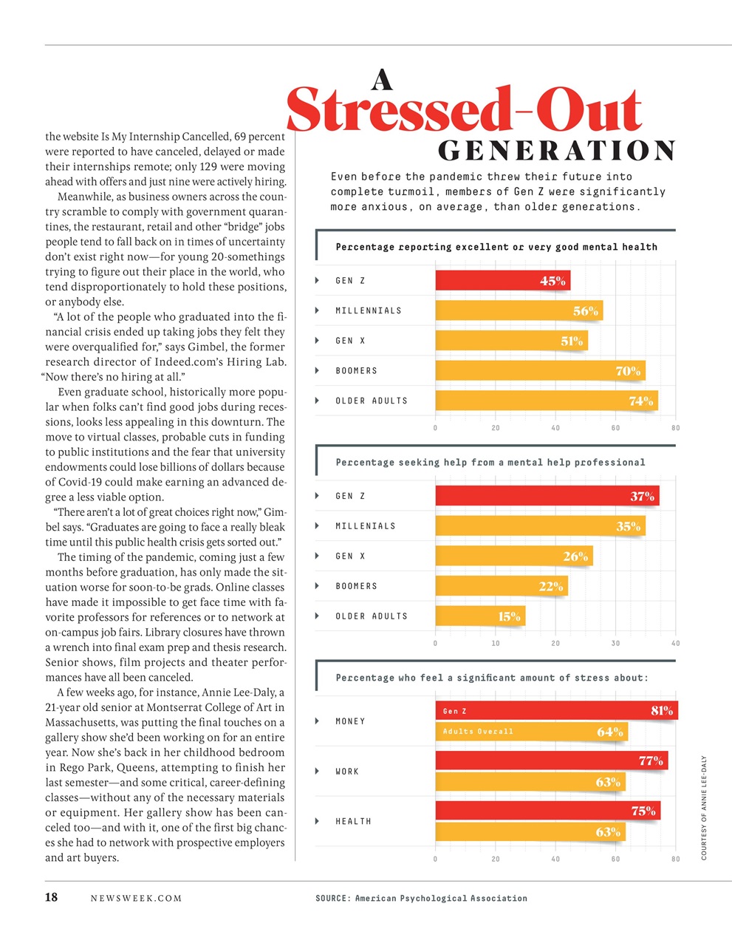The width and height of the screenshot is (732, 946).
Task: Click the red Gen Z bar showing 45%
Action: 502,281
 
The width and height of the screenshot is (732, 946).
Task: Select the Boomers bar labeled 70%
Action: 539,371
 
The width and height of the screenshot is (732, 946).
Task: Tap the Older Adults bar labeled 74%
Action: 546,401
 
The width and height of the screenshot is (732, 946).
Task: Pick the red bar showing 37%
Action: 547,496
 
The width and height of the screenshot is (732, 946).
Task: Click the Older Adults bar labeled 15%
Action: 480,616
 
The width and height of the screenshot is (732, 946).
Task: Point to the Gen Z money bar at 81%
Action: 556,711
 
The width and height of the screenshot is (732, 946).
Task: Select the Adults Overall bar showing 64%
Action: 531,732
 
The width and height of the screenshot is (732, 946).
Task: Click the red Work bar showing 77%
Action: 551,760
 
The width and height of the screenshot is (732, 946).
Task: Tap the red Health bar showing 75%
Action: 547,811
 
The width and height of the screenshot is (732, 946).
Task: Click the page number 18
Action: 52,898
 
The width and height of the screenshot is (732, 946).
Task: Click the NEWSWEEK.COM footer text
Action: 136,899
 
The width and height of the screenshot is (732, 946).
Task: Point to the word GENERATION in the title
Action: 557,151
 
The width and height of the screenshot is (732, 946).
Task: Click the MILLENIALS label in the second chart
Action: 366,526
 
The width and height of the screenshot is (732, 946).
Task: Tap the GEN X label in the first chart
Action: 350,341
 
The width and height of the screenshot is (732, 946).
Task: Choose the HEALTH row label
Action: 353,821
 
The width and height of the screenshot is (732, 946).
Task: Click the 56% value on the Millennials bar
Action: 586,311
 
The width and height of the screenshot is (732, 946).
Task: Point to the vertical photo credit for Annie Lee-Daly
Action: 704,808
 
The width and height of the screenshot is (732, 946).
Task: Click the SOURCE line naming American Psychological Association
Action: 421,899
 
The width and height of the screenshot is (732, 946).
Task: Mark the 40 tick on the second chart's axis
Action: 675,644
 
